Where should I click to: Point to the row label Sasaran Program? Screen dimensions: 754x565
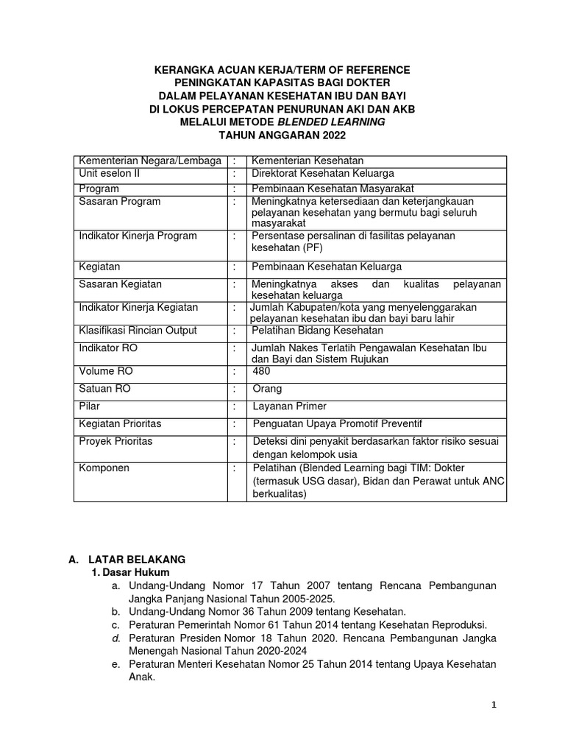[120, 202]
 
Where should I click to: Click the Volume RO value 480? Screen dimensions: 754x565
[260, 372]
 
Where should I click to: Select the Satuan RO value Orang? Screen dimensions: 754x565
[266, 389]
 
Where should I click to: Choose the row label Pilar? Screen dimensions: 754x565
[90, 406]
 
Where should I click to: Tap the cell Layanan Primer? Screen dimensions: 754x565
[289, 406]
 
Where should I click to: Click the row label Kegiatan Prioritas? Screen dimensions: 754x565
[120, 423]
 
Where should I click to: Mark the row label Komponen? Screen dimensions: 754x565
[104, 468]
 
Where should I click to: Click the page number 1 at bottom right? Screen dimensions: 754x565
[494, 705]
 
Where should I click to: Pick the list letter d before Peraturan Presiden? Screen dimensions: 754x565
[116, 638]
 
